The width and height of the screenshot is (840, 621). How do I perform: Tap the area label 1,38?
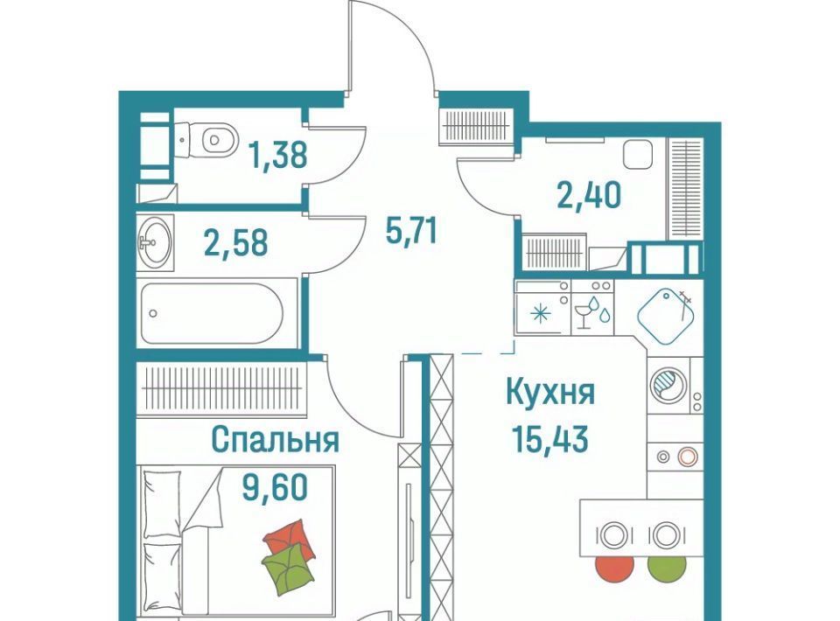click(x=278, y=155)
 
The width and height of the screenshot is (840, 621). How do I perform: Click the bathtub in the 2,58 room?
click(x=212, y=313)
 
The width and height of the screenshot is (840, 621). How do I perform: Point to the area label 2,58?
click(x=236, y=242)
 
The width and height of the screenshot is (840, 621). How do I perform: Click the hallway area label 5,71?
click(x=411, y=231)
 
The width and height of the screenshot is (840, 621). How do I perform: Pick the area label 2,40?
click(x=589, y=194)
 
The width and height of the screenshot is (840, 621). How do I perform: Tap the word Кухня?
click(x=550, y=393)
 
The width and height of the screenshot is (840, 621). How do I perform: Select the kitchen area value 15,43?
click(x=550, y=439)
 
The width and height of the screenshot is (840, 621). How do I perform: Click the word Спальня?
click(x=276, y=440)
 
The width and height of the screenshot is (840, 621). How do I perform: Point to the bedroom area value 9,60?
click(x=276, y=486)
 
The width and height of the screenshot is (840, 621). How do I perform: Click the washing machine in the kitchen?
click(x=668, y=385)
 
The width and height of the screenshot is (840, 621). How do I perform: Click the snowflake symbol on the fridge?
click(x=540, y=314)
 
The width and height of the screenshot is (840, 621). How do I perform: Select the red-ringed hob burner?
click(x=688, y=457)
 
